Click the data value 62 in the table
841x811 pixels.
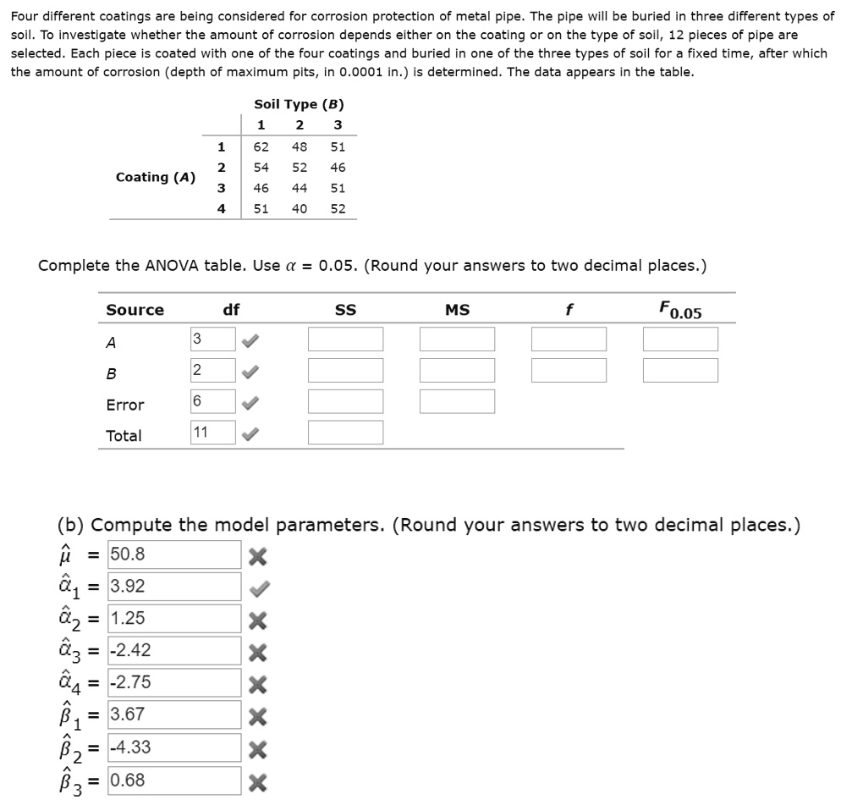(261, 146)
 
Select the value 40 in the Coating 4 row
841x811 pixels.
(300, 208)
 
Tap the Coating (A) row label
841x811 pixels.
(155, 177)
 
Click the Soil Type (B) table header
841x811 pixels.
(299, 104)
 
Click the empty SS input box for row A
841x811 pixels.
(345, 339)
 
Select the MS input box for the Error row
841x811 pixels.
(457, 401)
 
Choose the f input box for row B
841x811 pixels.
(569, 370)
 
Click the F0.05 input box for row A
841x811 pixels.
(680, 339)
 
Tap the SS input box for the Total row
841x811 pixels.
(345, 433)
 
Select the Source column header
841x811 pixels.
(135, 310)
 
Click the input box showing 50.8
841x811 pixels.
(174, 555)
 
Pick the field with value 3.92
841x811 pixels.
(174, 587)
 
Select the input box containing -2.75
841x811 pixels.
(174, 683)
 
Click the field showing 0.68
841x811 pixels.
(174, 781)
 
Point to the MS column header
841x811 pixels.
(457, 310)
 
